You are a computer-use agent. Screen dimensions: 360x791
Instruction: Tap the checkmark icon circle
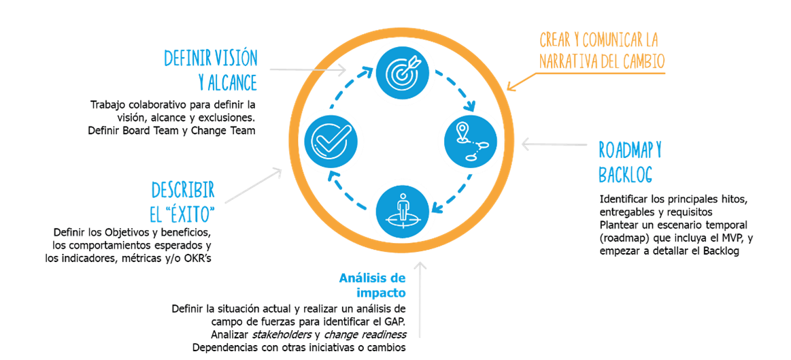pos(329,140)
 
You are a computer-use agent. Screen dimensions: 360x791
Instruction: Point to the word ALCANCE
pos(232,83)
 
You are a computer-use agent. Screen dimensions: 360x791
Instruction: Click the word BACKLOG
pos(625,174)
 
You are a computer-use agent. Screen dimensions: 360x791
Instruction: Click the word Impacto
pos(382,293)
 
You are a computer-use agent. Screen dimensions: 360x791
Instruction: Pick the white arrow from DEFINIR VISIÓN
pos(309,69)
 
